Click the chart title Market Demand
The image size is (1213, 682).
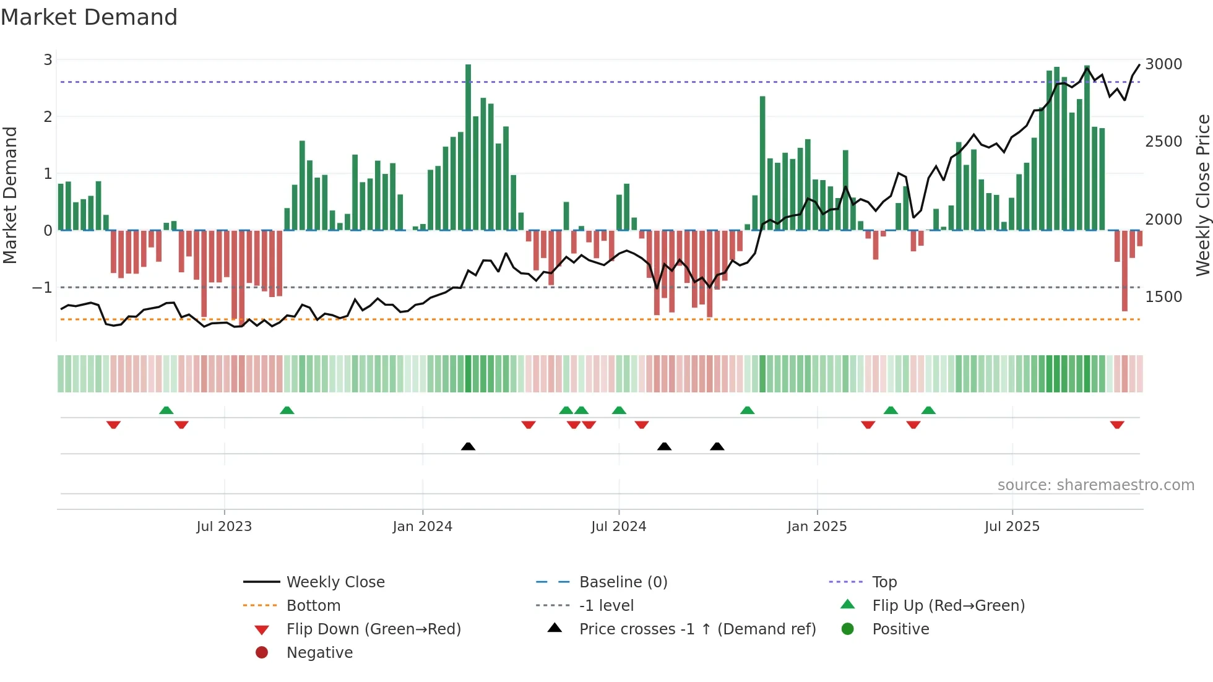(x=89, y=17)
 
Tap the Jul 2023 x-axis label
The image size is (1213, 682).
(x=224, y=527)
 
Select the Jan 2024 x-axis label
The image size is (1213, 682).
(x=423, y=527)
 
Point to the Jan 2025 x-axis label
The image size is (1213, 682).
(x=817, y=527)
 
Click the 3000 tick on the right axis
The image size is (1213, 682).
(x=1163, y=64)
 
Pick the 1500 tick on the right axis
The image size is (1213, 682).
(x=1163, y=297)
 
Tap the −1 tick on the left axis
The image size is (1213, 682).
(x=42, y=288)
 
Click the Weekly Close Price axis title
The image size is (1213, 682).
(x=1202, y=195)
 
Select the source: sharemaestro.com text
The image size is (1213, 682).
(x=1095, y=485)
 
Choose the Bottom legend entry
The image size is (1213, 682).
(x=313, y=606)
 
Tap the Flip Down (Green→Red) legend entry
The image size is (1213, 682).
(x=373, y=629)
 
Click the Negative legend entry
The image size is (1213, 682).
(x=319, y=653)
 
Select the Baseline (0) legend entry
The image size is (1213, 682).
(x=623, y=582)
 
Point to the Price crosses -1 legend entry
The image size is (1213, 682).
(x=697, y=629)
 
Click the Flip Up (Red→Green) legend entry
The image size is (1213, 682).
(x=948, y=606)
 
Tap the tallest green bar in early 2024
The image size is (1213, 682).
(x=468, y=147)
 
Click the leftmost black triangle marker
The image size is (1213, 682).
(x=468, y=446)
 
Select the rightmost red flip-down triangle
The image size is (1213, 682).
(x=1117, y=425)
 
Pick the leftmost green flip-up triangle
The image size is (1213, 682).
(x=166, y=410)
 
